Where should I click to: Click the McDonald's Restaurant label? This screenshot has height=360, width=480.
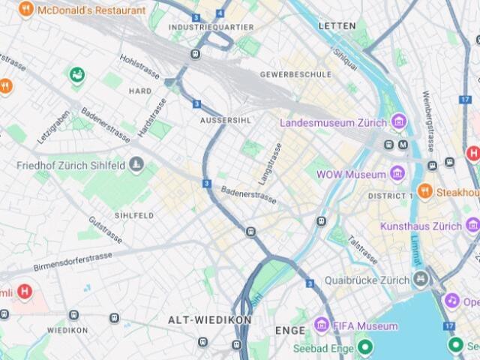click(x=91, y=10)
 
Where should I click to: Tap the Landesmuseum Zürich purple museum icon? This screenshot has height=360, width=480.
click(x=398, y=121)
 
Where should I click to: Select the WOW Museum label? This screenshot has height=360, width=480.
click(x=351, y=174)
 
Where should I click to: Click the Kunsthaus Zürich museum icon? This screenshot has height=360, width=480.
click(x=472, y=225)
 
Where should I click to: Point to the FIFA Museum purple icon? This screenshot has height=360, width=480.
click(x=322, y=325)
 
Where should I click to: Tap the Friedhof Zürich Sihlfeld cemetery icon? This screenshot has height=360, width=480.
click(x=136, y=164)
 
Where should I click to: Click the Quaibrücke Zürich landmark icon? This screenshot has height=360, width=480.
click(x=421, y=280)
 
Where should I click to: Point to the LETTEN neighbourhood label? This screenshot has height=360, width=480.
click(x=336, y=25)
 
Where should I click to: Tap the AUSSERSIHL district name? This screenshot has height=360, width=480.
click(x=225, y=120)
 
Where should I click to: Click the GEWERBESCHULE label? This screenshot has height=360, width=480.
click(x=295, y=75)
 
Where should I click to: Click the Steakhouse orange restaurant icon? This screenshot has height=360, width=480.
click(x=424, y=191)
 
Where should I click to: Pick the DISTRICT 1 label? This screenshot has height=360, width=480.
click(x=390, y=196)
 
